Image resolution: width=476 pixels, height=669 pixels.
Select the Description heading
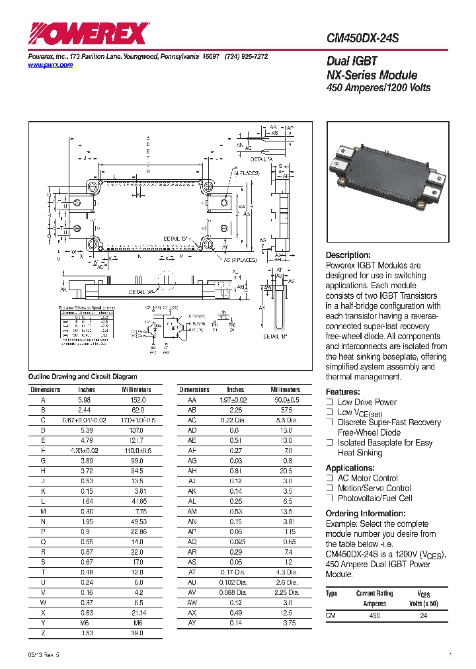[348, 255]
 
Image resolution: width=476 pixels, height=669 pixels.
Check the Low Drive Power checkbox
[329, 402]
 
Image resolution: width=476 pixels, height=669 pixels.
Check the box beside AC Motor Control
[329, 478]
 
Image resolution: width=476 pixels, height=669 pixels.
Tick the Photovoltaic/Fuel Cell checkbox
[329, 498]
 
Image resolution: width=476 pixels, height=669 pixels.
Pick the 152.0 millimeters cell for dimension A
[136, 400]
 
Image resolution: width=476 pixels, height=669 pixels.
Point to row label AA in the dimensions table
[192, 400]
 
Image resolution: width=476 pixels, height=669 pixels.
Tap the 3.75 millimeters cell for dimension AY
[286, 623]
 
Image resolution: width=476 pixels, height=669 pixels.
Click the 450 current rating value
[374, 615]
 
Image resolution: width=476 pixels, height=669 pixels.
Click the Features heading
[343, 391]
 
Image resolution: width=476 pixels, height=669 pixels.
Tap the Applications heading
[350, 467]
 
